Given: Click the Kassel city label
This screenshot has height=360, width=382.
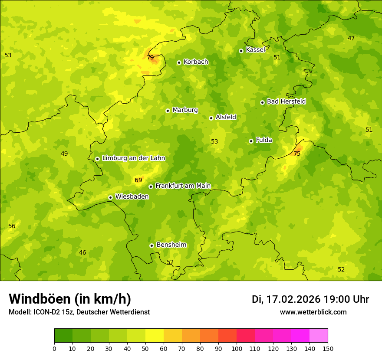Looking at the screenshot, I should tap(255, 50).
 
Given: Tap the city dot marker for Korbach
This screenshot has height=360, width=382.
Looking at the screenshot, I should tap(179, 62).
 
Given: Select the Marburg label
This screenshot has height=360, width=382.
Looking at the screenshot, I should tap(185, 110).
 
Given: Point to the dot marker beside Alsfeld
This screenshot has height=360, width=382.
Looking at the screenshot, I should tap(211, 118).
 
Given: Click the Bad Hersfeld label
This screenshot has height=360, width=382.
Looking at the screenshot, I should tap(286, 101).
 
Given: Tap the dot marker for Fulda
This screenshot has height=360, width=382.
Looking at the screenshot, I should tap(251, 141).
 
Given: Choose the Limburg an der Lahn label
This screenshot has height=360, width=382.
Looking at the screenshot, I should tap(134, 158).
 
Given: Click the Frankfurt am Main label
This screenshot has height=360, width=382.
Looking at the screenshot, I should tap(183, 186).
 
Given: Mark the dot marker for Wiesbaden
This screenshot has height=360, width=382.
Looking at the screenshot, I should tap(110, 197).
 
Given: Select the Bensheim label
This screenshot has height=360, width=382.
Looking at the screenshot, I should tap(171, 245).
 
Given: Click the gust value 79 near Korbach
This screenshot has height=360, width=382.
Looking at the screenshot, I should tap(150, 57).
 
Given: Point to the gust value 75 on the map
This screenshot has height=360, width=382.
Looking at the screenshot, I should tap(297, 154).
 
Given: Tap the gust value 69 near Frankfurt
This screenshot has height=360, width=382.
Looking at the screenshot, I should tap(138, 180).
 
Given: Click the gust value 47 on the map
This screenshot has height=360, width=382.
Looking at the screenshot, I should tap(351, 38).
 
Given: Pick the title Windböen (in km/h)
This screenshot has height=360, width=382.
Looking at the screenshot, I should tap(70, 299).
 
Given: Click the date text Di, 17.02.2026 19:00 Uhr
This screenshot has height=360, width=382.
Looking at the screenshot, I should tap(310, 299).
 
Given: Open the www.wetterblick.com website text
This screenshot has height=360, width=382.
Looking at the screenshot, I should tap(313, 312).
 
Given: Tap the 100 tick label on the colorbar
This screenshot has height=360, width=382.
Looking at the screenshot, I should tap(237, 348).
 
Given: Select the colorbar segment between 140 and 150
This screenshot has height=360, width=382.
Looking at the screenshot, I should tap(319, 336).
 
